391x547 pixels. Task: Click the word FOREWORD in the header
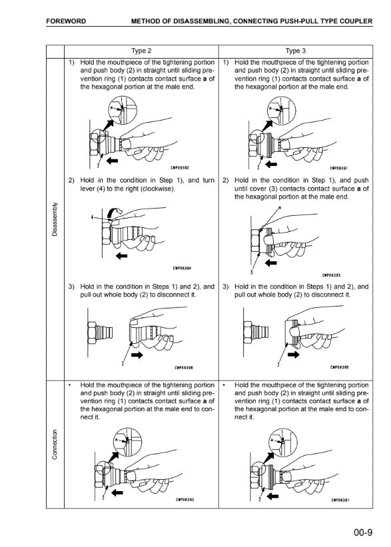coord(66,21)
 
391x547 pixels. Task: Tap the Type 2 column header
coord(141,51)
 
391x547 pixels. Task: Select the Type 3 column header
coord(296,51)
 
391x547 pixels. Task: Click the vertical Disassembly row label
coord(55,219)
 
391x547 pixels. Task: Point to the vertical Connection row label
coord(55,444)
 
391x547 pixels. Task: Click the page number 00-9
coord(363,532)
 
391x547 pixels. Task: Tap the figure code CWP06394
coord(182,269)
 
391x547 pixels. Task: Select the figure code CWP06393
coord(331,275)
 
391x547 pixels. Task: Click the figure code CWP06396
coord(184,367)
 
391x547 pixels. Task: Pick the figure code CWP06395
coord(340,367)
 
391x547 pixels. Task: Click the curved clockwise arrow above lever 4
coord(114,211)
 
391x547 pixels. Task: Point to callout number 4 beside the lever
coord(93,217)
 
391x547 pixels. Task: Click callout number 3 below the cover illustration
coord(251,272)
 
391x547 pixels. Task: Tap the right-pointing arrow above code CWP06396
coord(137,355)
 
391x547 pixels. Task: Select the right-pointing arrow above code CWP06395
coord(293,354)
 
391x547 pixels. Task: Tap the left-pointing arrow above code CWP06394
coord(122,256)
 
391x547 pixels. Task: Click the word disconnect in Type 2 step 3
coord(173,294)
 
